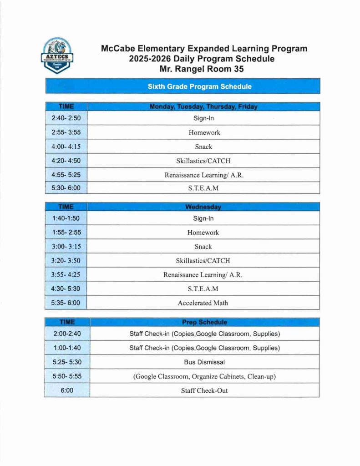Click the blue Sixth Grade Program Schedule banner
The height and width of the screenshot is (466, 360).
pos(199,86)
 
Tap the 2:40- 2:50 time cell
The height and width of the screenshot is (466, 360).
pos(66,118)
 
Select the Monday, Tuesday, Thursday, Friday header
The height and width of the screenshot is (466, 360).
pos(203,107)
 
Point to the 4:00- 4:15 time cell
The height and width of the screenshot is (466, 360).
pos(66,147)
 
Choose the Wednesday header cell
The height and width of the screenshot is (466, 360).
pos(203,207)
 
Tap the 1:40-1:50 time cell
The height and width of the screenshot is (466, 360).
pos(66,218)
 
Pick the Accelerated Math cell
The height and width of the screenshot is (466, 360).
pos(203,303)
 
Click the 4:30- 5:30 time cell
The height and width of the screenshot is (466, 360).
pos(66,289)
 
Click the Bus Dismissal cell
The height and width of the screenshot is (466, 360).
pos(204,362)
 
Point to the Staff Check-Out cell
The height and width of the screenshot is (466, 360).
pos(204,390)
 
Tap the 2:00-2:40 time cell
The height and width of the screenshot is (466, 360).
pos(66,334)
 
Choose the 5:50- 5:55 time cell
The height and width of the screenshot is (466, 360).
pos(66,376)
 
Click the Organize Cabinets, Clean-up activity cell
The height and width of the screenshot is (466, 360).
pos(204,376)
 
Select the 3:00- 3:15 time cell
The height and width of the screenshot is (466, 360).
pos(66,247)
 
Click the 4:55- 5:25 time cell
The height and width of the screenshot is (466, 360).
pos(66,175)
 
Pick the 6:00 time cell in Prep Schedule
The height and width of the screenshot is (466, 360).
pos(66,390)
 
